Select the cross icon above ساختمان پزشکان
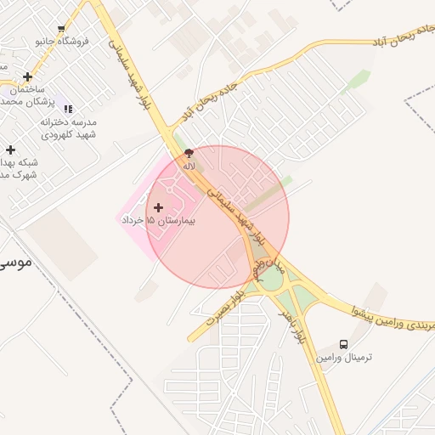pyautogui.click(x=28, y=76)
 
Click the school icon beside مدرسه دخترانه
pyautogui.click(x=68, y=109)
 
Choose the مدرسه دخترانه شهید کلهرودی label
pyautogui.click(x=68, y=128)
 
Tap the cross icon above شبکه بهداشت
pyautogui.click(x=10, y=150)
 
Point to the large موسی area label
pyautogui.click(x=15, y=261)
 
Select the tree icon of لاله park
pyautogui.click(x=189, y=153)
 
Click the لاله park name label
pyautogui.click(x=189, y=167)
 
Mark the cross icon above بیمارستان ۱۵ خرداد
pyautogui.click(x=158, y=206)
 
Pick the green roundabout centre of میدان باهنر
pyautogui.click(x=273, y=280)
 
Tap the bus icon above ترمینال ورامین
pyautogui.click(x=343, y=344)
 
